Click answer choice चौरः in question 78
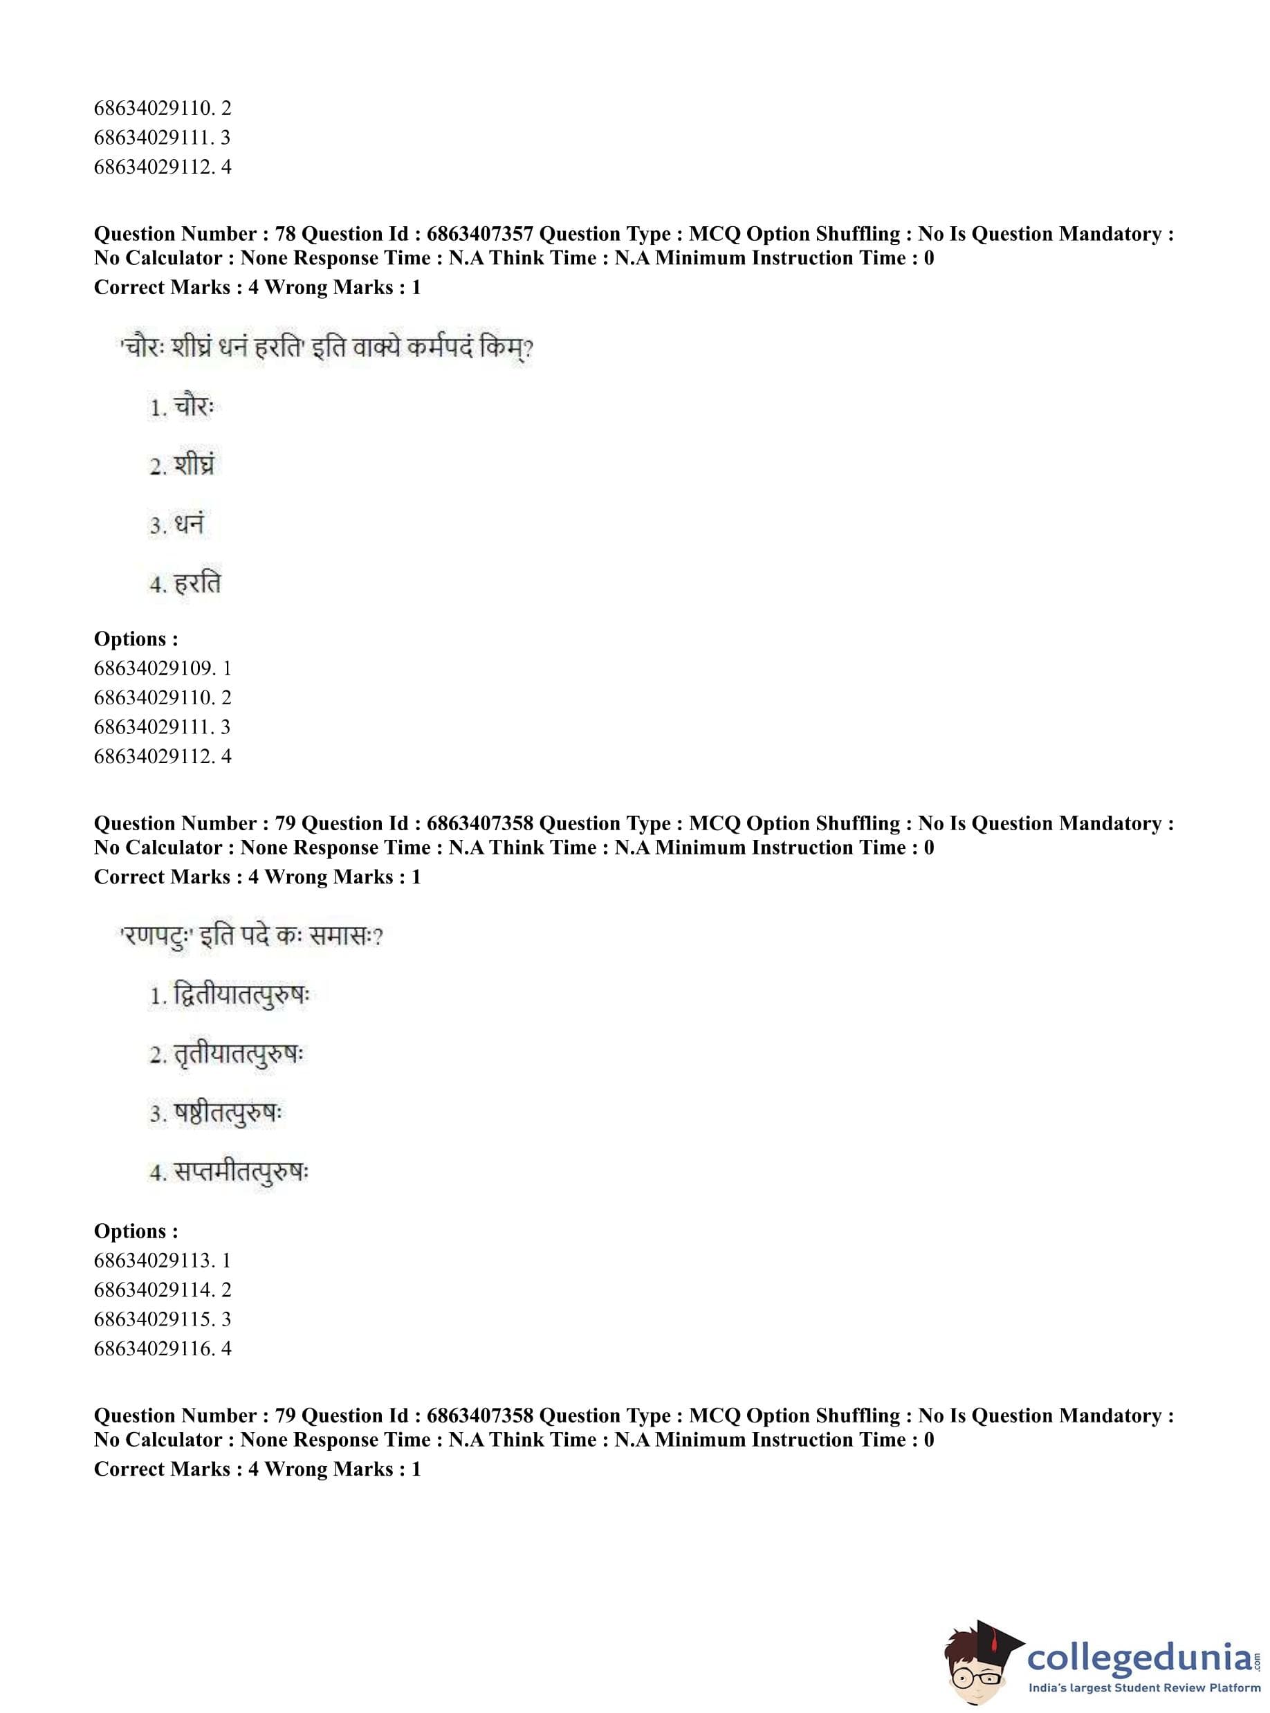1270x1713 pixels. [x=192, y=407]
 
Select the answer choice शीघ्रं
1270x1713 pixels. [x=193, y=466]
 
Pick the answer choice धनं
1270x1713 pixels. [x=188, y=524]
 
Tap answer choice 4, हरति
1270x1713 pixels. [x=197, y=583]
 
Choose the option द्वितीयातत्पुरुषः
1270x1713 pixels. [x=241, y=996]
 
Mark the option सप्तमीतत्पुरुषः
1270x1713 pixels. [x=241, y=1173]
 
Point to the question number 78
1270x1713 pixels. [x=285, y=234]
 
